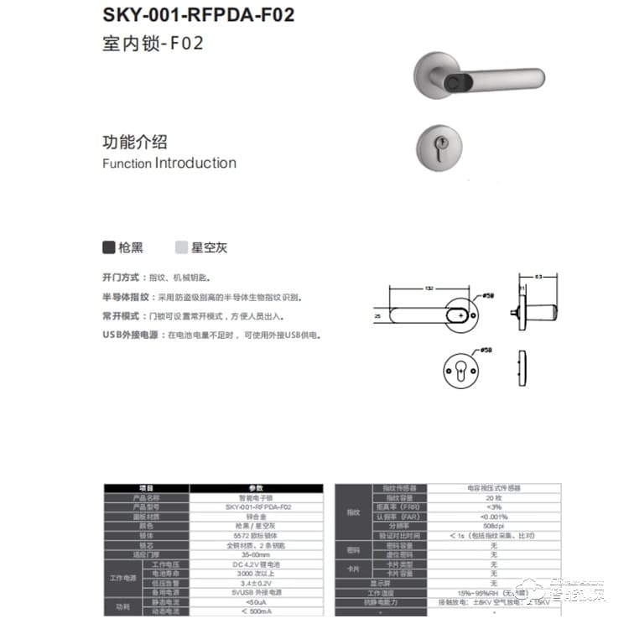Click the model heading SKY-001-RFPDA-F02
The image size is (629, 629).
click(198, 15)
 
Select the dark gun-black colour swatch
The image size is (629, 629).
click(109, 247)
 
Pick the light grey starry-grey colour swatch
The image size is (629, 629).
click(181, 247)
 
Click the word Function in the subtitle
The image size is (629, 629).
click(127, 164)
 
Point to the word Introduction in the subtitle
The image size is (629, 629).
click(195, 163)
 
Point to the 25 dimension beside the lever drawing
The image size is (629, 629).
click(378, 316)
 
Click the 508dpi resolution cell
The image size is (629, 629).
click(493, 526)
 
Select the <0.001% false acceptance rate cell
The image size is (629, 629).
click(493, 517)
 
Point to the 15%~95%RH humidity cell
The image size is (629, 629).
click(493, 593)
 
